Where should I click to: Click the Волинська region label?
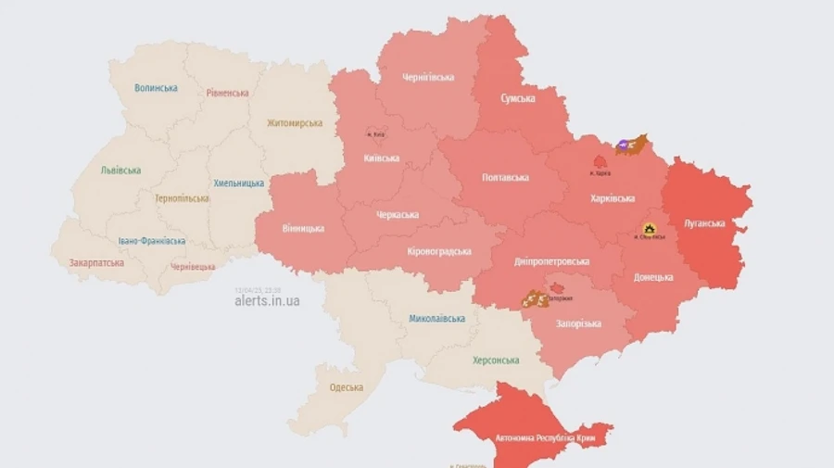click(156, 88)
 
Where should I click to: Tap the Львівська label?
click(121, 171)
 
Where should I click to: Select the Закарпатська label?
click(96, 262)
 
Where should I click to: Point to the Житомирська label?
click(294, 122)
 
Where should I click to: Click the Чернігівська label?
click(428, 77)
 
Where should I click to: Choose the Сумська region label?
click(517, 98)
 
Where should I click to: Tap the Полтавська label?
click(506, 177)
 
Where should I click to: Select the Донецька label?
click(654, 277)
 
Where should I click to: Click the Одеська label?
click(346, 387)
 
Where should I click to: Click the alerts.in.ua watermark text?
click(267, 301)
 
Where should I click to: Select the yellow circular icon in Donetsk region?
click(649, 228)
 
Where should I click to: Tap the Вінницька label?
click(303, 228)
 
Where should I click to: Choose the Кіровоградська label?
click(439, 251)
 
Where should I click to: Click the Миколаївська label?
click(436, 318)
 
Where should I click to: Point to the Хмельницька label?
click(239, 183)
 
